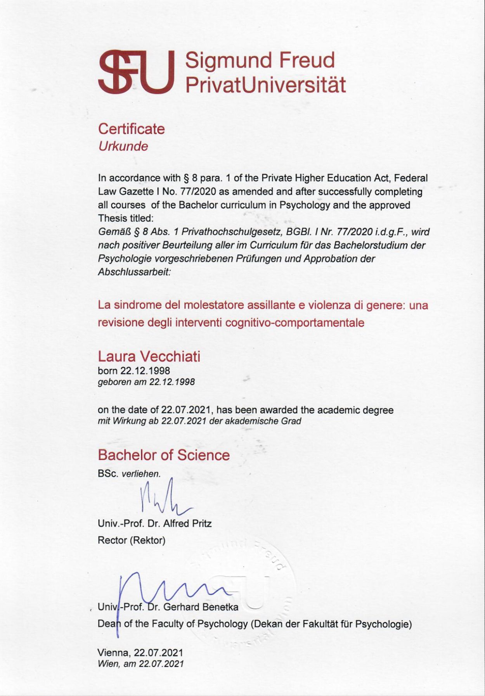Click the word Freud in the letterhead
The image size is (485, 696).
click(x=307, y=60)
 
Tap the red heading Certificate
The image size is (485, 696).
click(x=131, y=129)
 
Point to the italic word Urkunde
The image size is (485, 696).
click(x=123, y=147)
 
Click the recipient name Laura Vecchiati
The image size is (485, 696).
click(x=149, y=356)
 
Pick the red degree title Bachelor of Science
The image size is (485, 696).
click(x=164, y=455)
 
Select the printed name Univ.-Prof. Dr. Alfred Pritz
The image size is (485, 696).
click(x=155, y=523)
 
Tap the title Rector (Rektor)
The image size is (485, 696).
click(x=132, y=540)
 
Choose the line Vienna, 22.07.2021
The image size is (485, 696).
click(x=140, y=653)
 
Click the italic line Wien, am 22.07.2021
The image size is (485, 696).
click(x=140, y=664)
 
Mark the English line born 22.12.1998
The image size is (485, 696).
click(x=134, y=370)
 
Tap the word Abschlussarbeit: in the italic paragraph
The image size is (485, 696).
click(x=134, y=272)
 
